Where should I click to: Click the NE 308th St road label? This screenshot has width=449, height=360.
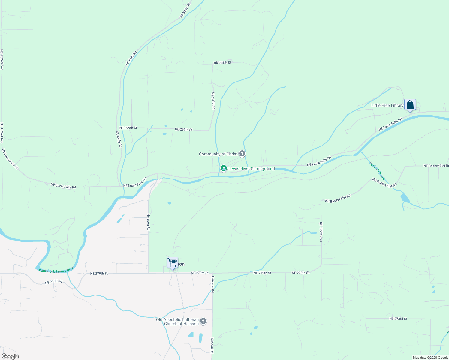[222, 63]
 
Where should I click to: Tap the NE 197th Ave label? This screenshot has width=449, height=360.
[321, 232]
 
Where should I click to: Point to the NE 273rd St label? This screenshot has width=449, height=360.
[398, 319]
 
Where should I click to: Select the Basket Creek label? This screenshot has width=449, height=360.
[377, 170]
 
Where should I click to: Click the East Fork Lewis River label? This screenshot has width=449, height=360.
[57, 270]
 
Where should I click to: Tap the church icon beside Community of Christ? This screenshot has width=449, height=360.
[242, 154]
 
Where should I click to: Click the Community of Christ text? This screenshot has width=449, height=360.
[218, 154]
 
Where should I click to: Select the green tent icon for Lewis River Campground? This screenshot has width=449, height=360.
[224, 168]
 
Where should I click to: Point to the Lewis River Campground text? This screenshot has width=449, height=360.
[252, 169]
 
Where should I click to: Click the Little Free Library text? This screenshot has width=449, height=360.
[387, 106]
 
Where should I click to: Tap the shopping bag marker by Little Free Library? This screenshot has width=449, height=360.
[410, 105]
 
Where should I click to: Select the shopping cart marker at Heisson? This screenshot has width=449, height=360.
[172, 262]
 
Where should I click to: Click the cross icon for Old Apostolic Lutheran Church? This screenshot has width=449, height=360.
[203, 321]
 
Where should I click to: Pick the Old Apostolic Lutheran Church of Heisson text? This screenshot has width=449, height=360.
[177, 322]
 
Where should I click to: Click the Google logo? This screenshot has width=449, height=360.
[10, 356]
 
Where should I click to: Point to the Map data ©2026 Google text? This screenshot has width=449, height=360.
[430, 358]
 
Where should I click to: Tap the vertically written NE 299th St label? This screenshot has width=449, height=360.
[213, 100]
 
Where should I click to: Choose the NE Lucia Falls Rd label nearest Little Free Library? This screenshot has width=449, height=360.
[390, 124]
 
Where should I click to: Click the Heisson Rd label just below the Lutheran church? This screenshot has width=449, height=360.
[212, 345]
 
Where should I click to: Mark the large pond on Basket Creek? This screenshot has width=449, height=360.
[405, 198]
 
